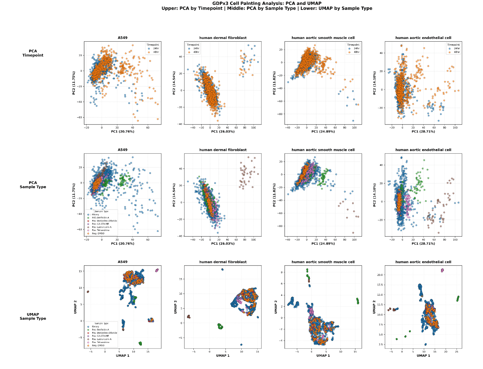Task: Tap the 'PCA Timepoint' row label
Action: (x=33, y=53)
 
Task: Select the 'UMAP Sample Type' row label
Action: (x=33, y=316)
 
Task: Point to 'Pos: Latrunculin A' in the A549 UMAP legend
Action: (x=101, y=339)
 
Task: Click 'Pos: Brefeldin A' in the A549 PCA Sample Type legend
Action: (x=100, y=218)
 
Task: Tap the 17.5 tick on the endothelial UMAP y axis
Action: (x=380, y=285)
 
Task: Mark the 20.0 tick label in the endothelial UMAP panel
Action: (x=380, y=275)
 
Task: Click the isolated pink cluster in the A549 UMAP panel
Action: (x=157, y=270)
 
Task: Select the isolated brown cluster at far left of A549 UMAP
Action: (x=88, y=292)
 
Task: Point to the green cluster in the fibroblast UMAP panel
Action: (x=220, y=326)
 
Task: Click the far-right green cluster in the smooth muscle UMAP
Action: (x=357, y=301)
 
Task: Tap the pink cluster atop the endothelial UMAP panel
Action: (x=442, y=270)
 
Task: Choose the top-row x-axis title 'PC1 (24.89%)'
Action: (x=323, y=131)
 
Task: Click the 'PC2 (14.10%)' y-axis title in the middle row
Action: (x=375, y=195)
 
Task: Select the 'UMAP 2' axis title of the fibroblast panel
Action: (x=176, y=307)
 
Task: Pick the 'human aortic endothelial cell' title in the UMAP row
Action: (x=423, y=262)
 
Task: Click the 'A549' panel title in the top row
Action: (x=123, y=38)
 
